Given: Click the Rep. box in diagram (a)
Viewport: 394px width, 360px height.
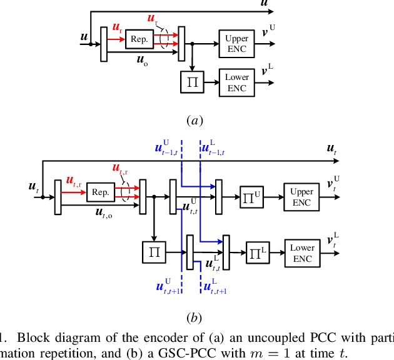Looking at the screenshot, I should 139,39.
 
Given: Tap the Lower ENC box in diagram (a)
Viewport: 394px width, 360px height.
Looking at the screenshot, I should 236,82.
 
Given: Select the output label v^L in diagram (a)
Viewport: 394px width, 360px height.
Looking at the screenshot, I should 269,71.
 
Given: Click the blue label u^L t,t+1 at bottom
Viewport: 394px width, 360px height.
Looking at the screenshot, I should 216,287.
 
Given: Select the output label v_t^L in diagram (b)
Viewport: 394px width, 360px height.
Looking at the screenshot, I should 333,240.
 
